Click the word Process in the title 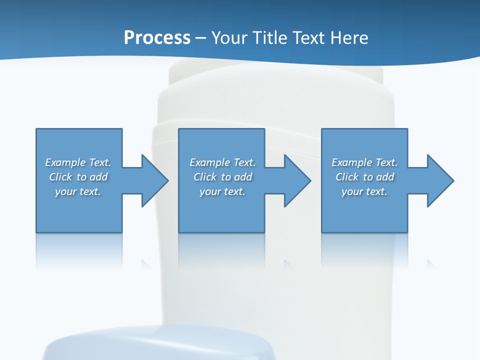[157, 38]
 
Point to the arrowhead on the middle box [296, 180]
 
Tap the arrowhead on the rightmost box [439, 180]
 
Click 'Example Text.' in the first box [78, 162]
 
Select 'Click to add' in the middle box [222, 177]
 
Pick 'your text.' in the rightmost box [364, 191]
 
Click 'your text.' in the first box [78, 191]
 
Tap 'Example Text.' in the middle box [222, 162]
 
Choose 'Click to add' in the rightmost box [364, 177]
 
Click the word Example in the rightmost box [351, 162]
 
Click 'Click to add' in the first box [78, 177]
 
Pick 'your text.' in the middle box [222, 191]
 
